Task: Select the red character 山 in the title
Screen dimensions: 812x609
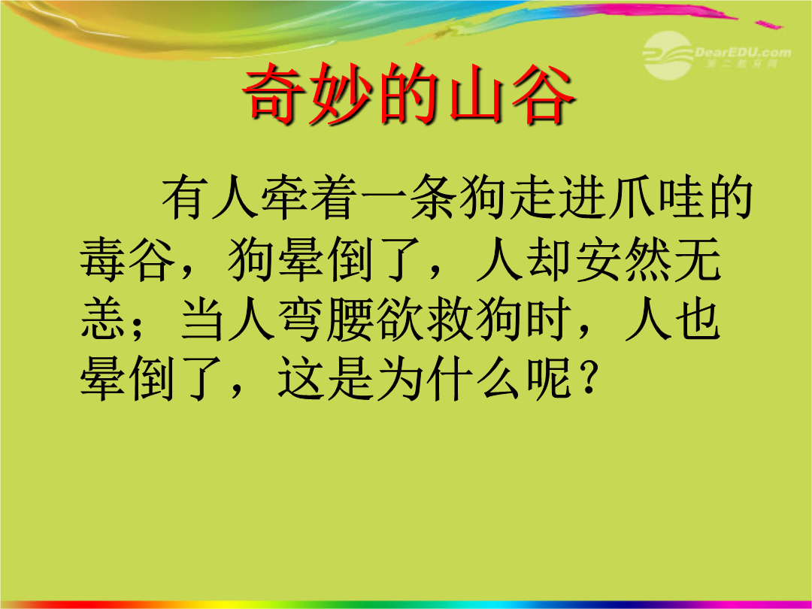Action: click(x=475, y=94)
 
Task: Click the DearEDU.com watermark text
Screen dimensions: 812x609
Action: click(x=743, y=53)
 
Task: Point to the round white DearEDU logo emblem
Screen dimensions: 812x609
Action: click(x=668, y=56)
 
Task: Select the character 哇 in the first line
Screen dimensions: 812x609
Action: click(x=681, y=197)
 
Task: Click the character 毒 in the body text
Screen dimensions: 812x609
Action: click(x=103, y=259)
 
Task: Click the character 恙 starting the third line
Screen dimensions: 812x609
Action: click(x=103, y=319)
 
